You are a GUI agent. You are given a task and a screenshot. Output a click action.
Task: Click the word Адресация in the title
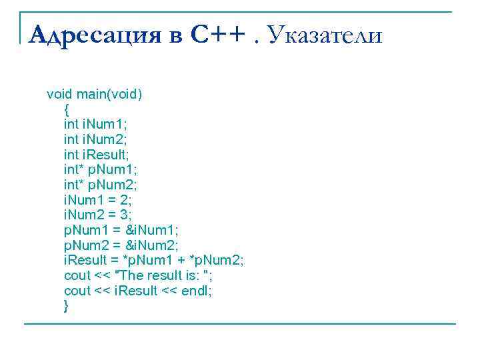96,34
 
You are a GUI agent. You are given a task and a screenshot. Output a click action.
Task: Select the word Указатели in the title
326,34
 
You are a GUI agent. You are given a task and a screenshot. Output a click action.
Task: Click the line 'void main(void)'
94,94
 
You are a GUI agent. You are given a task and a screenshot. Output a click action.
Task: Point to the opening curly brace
66,109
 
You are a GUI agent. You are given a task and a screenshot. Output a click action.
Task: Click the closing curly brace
66,306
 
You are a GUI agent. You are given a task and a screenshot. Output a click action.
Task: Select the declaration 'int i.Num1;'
95,124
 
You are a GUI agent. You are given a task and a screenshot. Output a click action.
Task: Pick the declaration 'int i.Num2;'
95,139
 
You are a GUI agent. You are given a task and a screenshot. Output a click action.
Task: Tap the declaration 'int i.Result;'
97,155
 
